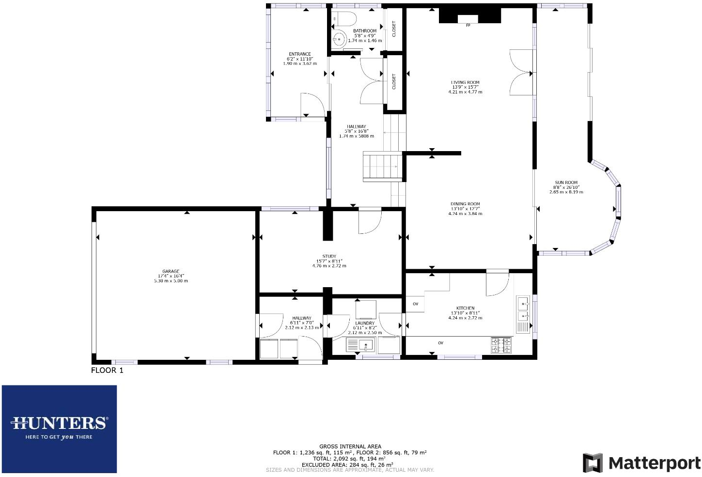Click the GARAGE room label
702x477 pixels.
(171, 272)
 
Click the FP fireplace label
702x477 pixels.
(468, 25)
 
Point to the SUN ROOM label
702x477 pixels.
(566, 183)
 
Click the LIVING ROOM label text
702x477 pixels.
(465, 83)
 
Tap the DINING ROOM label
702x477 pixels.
(465, 204)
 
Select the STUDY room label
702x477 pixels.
(329, 257)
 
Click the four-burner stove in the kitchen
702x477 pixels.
(501, 345)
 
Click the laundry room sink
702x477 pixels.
(367, 345)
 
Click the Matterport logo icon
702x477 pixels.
(592, 463)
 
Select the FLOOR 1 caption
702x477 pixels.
(107, 370)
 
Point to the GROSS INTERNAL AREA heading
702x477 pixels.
(350, 446)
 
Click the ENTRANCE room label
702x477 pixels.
(299, 54)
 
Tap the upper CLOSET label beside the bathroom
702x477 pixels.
(394, 29)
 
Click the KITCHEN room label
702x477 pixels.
(465, 308)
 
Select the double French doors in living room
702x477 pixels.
(521, 73)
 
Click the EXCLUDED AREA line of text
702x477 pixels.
(347, 464)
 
